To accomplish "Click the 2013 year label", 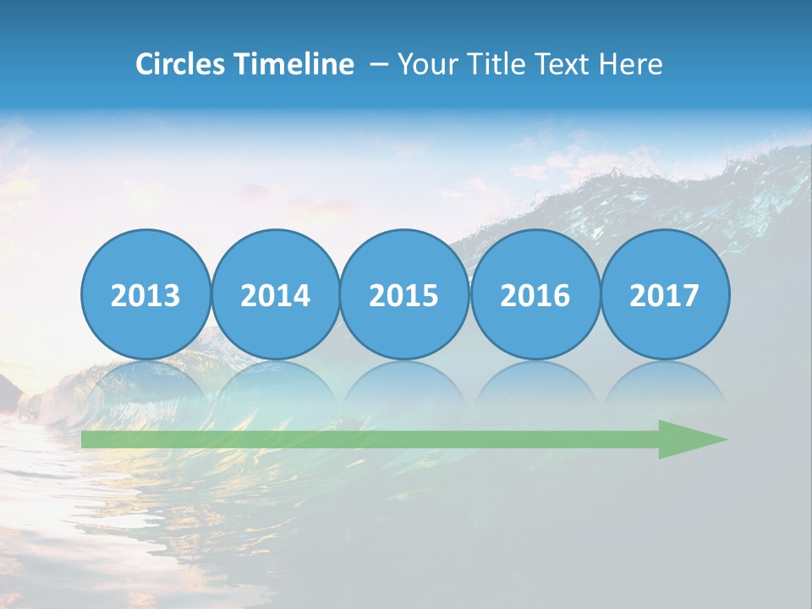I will [145, 295].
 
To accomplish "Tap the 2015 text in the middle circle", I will [404, 295].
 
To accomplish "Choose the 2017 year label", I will [665, 295].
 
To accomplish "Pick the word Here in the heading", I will [630, 63].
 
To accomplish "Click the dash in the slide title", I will [379, 64].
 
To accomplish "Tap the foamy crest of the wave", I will [677, 182].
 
